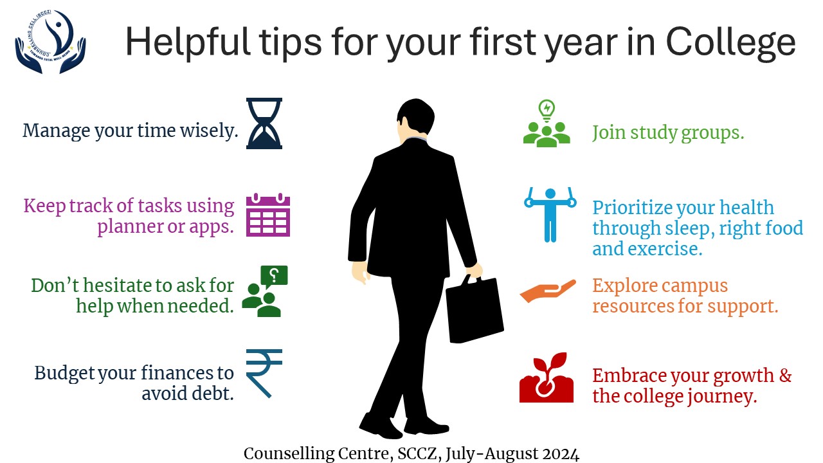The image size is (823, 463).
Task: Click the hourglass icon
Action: [264, 123]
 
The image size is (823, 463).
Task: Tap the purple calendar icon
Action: [268, 215]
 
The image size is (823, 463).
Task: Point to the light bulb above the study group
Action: [547, 111]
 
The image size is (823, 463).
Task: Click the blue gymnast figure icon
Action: [550, 215]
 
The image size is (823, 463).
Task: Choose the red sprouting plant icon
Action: [547, 377]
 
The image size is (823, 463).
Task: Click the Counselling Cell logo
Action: [50, 42]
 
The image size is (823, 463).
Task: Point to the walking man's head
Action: [415, 119]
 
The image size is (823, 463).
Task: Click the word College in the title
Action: [730, 43]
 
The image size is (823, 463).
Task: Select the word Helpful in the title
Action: [188, 43]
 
